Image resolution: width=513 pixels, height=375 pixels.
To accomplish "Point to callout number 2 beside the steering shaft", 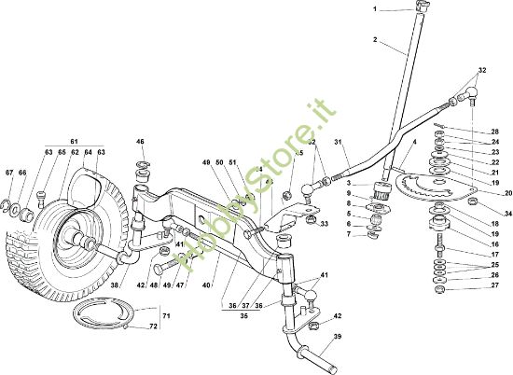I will [x=375, y=40].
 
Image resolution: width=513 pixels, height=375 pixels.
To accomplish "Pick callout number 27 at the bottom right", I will [x=495, y=285].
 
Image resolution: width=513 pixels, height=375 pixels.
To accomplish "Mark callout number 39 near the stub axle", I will [x=338, y=337].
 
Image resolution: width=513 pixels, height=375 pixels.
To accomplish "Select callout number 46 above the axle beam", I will [x=141, y=142].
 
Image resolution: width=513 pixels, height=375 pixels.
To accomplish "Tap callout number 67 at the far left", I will [x=9, y=174].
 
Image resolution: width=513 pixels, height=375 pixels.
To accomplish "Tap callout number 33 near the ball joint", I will [x=324, y=225].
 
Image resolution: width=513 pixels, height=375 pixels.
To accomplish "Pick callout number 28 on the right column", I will [x=495, y=132].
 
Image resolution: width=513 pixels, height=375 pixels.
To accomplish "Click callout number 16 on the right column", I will [x=495, y=244].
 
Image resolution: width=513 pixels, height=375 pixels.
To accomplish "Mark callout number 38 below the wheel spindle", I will [x=115, y=286].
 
